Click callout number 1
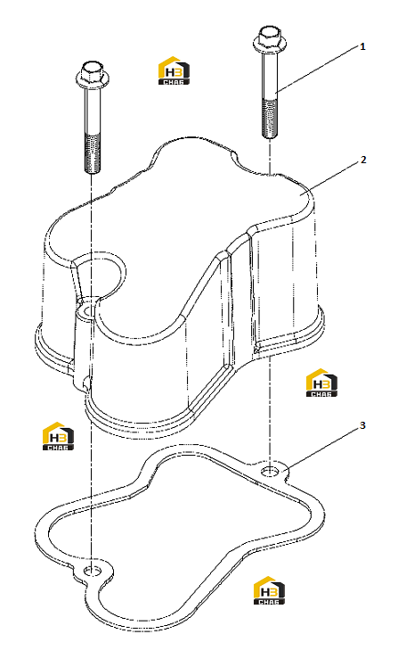362,46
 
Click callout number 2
363,160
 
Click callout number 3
362,425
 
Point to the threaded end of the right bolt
269,119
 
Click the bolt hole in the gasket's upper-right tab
270,472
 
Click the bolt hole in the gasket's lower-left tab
92,571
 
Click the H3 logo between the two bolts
175,70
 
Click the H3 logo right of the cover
321,383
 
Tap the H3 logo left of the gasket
58,436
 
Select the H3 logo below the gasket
269,590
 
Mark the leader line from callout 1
317,69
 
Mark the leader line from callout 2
330,178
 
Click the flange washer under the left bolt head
93,80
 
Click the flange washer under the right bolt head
269,45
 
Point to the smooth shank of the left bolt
93,111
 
